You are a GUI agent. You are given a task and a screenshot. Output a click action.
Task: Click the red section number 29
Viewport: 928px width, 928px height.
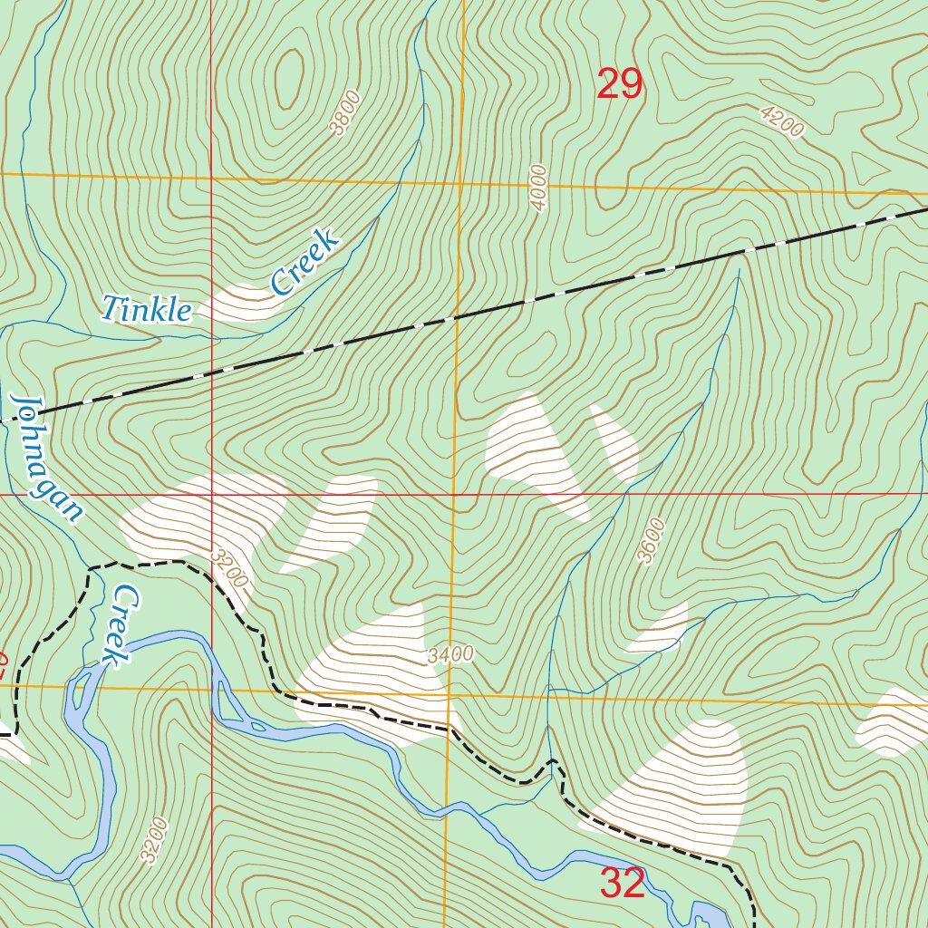click(x=620, y=85)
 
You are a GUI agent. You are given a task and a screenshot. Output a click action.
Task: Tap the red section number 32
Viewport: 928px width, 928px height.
click(x=623, y=884)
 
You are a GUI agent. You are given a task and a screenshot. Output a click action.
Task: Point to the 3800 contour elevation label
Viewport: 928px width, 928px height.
click(x=345, y=113)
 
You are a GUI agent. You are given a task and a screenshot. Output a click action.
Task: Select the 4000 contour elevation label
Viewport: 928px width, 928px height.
click(x=540, y=188)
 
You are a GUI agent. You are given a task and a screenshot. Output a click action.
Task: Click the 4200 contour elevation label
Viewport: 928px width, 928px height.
click(x=782, y=121)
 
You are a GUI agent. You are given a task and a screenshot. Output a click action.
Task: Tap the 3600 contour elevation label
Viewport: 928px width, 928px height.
click(x=651, y=541)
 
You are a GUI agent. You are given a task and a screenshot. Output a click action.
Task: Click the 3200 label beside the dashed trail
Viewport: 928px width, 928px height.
click(x=228, y=565)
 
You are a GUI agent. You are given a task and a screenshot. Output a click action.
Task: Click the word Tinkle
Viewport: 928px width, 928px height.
click(x=147, y=310)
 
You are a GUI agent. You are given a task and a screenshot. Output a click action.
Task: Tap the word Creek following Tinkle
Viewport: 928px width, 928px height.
click(x=305, y=262)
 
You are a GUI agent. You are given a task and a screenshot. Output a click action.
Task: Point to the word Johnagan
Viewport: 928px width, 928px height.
click(x=46, y=458)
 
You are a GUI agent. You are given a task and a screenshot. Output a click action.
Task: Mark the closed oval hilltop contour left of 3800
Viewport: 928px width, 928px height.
click(x=289, y=72)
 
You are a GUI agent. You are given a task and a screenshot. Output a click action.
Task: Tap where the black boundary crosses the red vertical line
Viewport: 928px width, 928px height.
click(x=211, y=372)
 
